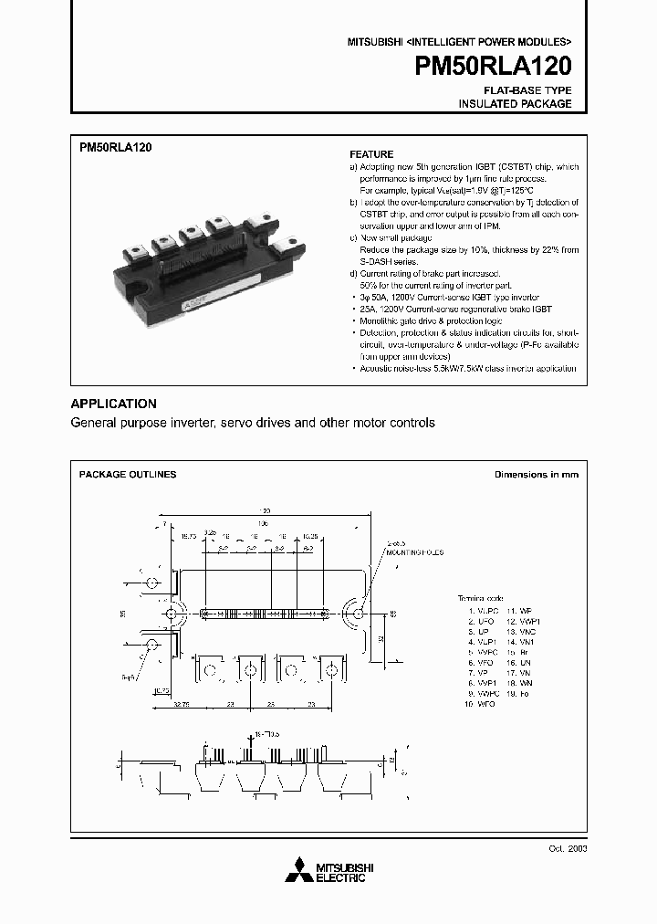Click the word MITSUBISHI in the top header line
coord(375,43)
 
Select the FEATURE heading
coord(371,154)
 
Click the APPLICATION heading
coord(114,404)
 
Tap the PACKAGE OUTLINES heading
coord(128,475)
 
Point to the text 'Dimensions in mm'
coord(536,475)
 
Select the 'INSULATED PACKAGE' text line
coord(515,104)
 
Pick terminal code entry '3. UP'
coord(477,631)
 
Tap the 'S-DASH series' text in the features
coord(379,261)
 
